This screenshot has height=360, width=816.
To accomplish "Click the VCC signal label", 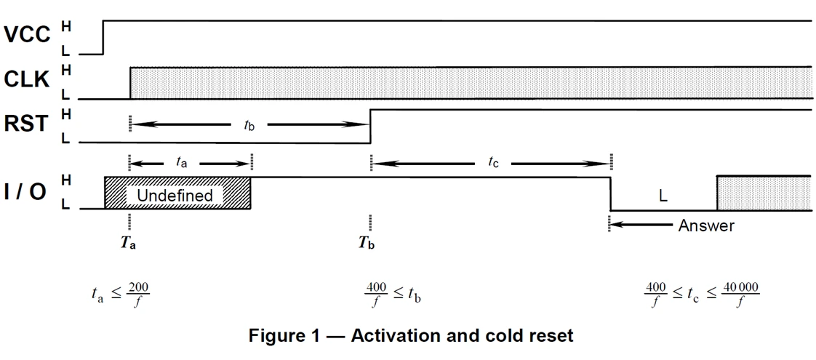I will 27,34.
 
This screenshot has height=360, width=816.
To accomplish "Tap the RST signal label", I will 27,124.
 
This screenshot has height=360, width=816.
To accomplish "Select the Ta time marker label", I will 129,243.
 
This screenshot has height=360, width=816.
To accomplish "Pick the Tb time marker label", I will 367,243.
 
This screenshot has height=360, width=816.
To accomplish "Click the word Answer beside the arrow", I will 705,226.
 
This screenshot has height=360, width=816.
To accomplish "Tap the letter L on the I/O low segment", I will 663,196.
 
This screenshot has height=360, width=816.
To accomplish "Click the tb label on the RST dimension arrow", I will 249,124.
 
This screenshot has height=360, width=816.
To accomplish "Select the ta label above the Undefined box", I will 182,164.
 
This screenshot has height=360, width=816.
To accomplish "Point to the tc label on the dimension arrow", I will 493,164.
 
